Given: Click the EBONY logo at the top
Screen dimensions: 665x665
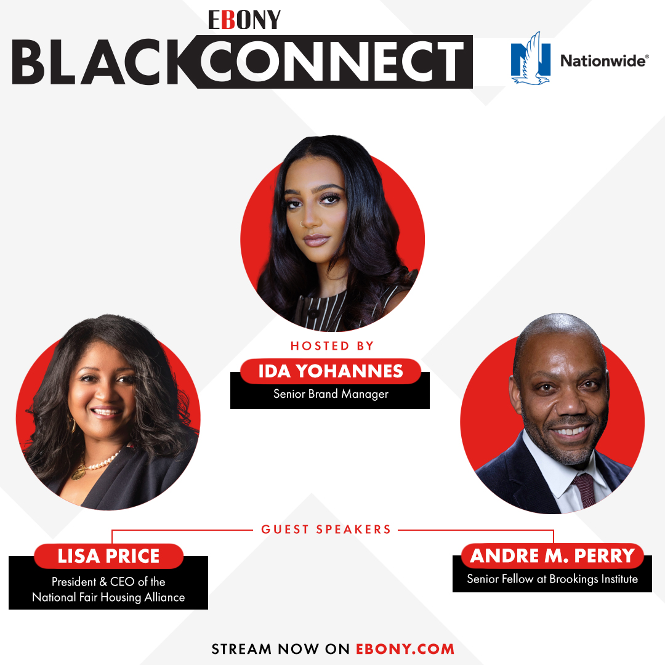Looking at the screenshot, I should [x=244, y=20].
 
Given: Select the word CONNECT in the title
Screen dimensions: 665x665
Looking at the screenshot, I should [x=332, y=63].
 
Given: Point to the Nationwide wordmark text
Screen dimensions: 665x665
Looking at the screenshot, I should [x=603, y=60].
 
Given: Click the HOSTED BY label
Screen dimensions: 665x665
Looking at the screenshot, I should [x=332, y=346].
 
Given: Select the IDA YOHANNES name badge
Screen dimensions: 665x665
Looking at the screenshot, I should [x=330, y=371].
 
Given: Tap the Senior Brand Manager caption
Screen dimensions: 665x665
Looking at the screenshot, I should [x=331, y=394].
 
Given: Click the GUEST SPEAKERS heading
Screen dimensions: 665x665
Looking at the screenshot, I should [x=326, y=529].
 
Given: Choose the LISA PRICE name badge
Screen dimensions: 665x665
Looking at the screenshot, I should [x=108, y=556].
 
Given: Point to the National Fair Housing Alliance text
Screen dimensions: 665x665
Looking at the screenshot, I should [x=108, y=597].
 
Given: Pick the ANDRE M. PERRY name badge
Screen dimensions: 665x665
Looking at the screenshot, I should [x=552, y=556].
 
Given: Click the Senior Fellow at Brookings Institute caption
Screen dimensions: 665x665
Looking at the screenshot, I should [x=552, y=579].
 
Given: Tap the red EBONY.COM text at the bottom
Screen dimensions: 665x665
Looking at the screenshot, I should [x=405, y=649].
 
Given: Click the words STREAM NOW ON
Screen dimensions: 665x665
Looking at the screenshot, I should [x=281, y=649].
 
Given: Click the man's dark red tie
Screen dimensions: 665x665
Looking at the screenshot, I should [x=583, y=486].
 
